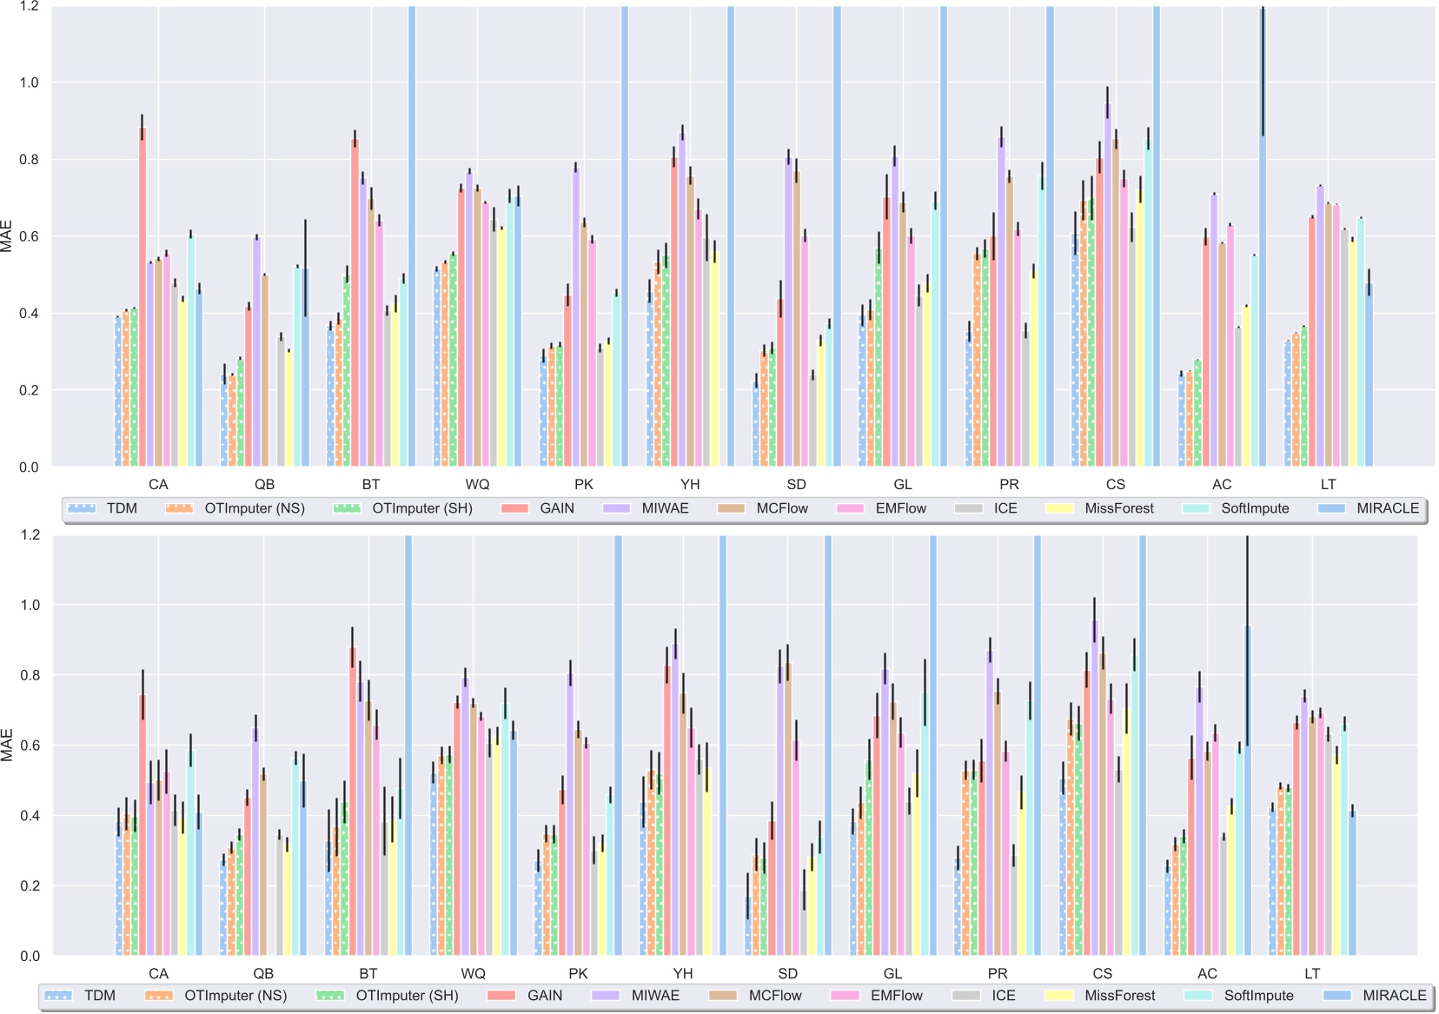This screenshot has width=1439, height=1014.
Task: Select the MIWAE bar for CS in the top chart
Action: tap(1108, 287)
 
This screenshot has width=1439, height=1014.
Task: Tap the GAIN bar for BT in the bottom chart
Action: tap(353, 799)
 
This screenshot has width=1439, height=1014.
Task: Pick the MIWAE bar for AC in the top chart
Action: tap(1214, 330)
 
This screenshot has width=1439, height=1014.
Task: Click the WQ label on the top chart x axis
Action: tap(477, 485)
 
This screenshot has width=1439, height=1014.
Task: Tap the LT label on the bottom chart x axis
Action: tap(1312, 974)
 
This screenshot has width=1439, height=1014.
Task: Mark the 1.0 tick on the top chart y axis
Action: tap(29, 83)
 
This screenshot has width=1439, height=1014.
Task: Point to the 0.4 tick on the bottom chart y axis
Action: tap(29, 816)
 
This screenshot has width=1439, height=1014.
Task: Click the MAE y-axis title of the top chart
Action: tap(8, 236)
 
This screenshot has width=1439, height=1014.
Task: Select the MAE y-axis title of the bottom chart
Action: tap(8, 745)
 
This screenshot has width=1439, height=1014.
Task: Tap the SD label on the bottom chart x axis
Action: tap(788, 974)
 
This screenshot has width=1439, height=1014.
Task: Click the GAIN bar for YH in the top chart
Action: tap(674, 313)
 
